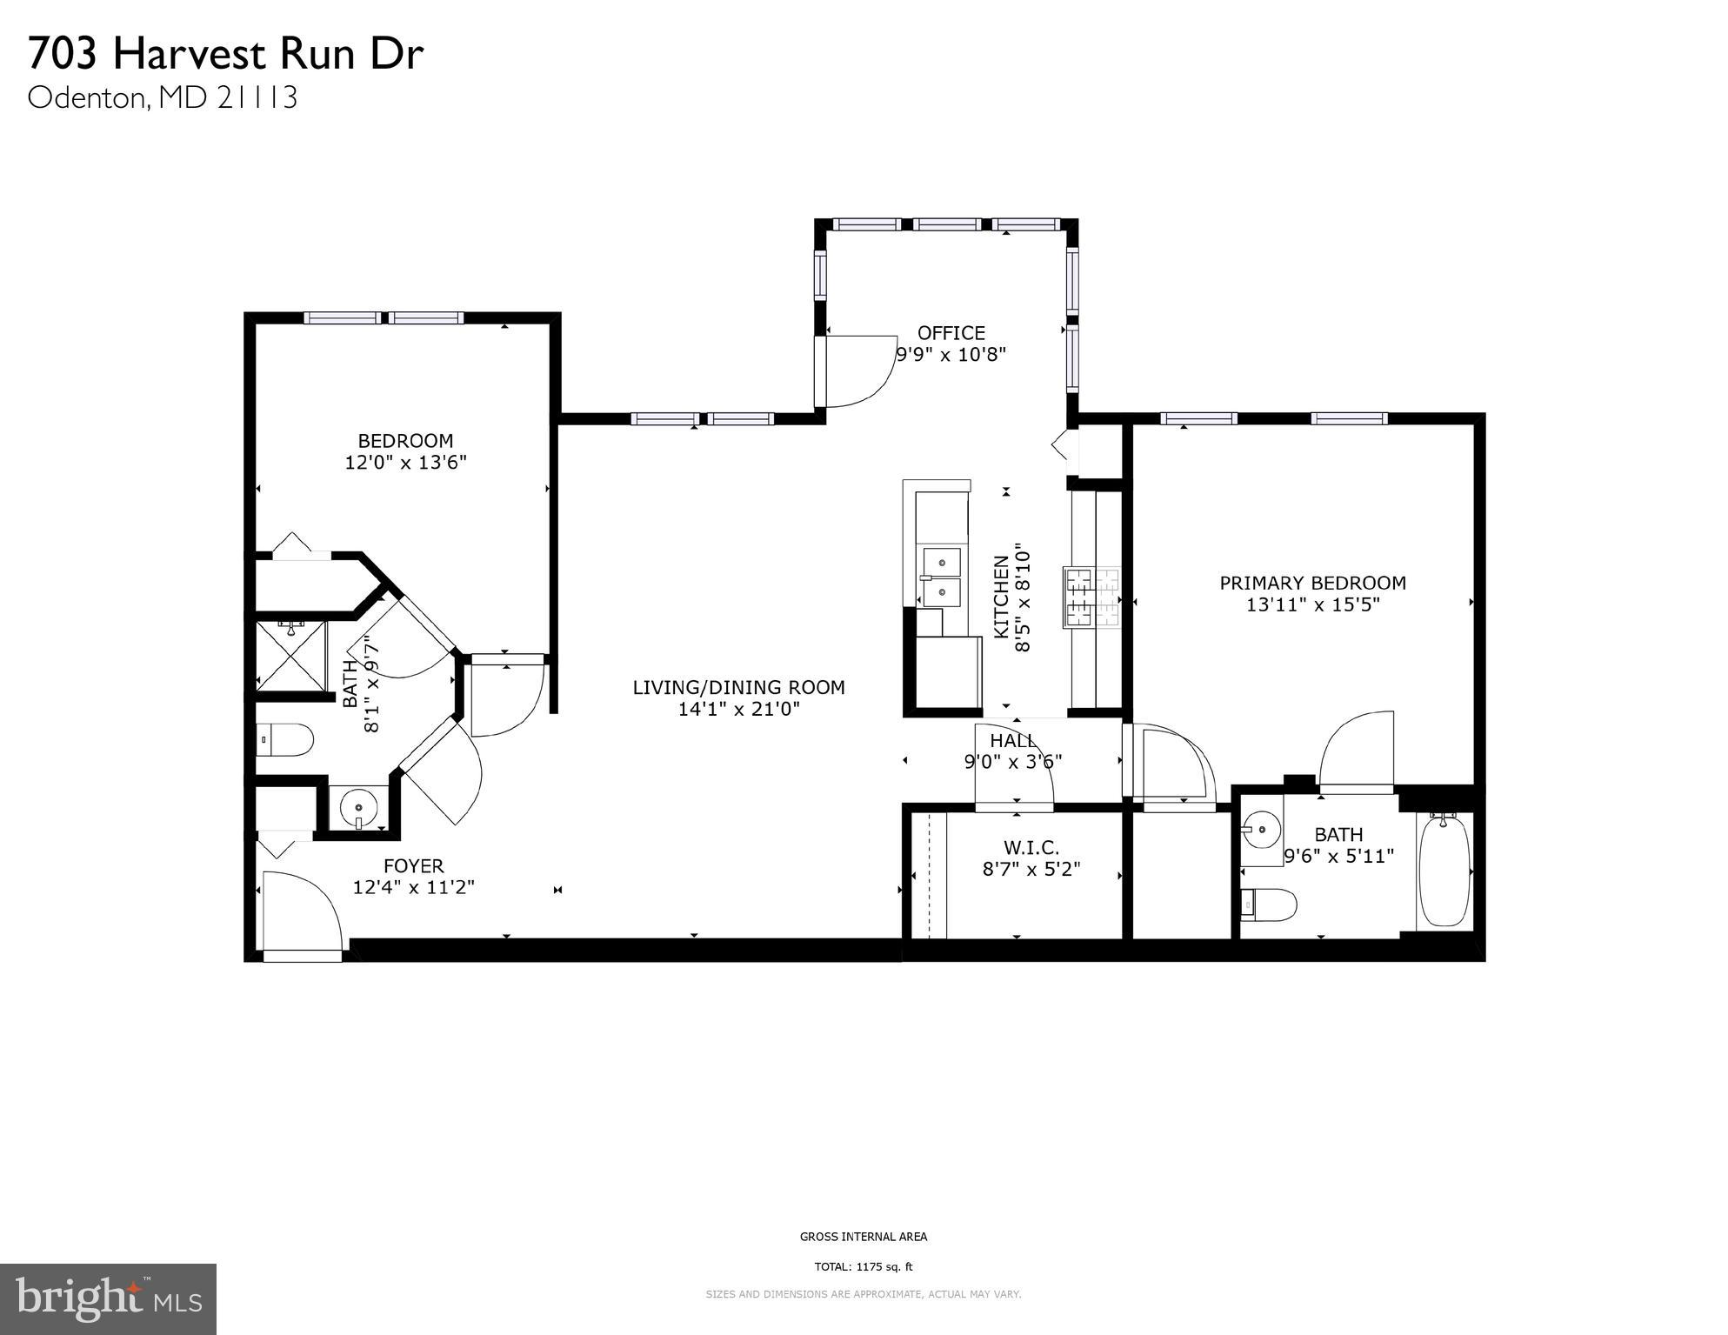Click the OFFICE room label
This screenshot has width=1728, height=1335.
click(951, 333)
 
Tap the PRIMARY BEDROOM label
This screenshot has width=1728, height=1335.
click(1312, 583)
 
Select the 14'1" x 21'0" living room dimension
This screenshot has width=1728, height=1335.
click(738, 710)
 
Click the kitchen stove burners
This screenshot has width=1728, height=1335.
click(1092, 597)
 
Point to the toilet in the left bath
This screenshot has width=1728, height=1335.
click(286, 740)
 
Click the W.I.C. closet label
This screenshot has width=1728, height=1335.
click(1031, 847)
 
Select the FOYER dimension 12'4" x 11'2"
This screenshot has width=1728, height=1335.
click(413, 888)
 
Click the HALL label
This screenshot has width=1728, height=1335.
click(1012, 740)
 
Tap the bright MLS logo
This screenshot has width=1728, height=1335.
click(108, 1298)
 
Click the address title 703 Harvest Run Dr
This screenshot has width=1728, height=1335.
click(225, 54)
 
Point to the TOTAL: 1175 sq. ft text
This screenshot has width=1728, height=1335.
click(863, 1266)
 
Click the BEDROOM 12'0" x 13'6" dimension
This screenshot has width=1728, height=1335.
click(405, 463)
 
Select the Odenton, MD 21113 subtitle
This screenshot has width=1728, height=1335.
click(163, 97)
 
